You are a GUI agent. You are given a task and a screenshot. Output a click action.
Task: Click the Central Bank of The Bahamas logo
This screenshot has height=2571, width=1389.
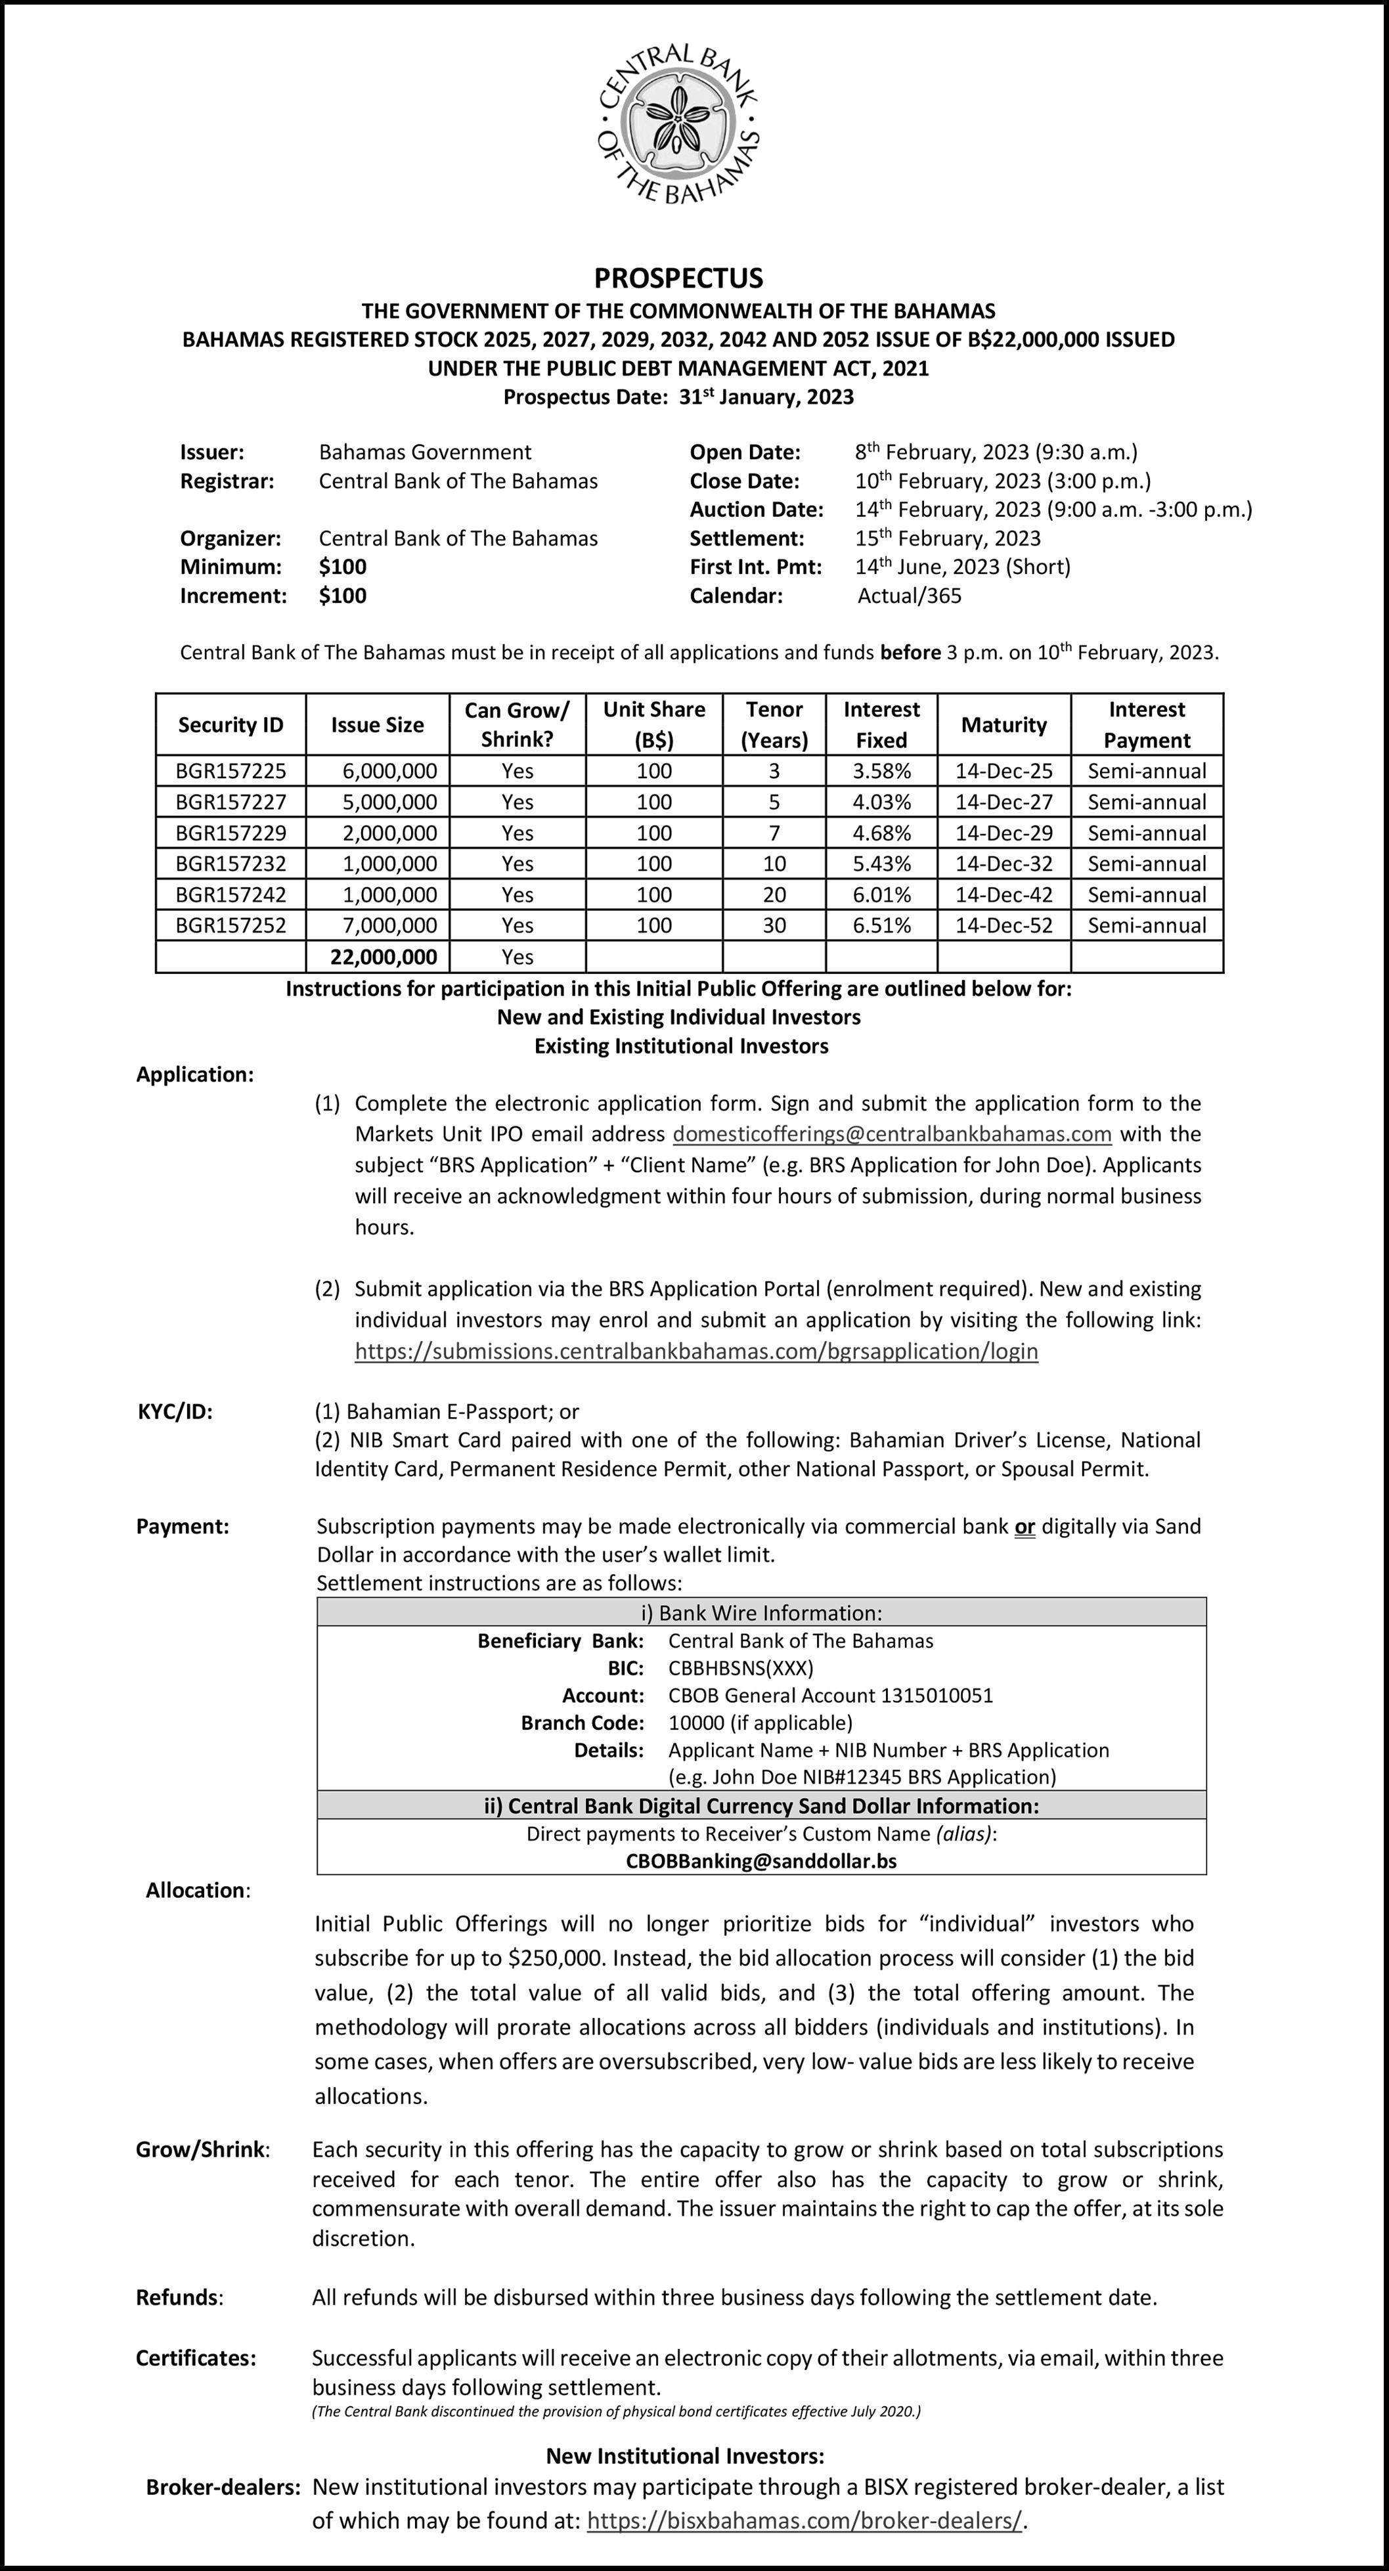(678, 123)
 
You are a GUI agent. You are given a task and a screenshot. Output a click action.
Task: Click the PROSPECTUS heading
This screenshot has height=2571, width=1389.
(678, 278)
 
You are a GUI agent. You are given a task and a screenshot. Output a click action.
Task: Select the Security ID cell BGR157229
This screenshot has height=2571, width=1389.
(231, 833)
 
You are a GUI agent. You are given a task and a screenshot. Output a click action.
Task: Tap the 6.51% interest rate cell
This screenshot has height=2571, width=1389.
(881, 925)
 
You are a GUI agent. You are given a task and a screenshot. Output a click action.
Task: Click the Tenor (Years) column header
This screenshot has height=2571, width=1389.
(774, 724)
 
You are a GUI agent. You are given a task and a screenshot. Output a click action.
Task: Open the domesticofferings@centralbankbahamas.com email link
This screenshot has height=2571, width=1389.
(892, 1133)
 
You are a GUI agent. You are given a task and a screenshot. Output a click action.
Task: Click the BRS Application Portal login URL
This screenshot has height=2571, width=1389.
(697, 1351)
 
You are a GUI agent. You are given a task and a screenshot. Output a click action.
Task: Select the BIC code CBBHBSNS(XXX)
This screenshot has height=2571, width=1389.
(740, 1668)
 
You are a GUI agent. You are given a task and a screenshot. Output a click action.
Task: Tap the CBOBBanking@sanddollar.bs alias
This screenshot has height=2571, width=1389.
(761, 1861)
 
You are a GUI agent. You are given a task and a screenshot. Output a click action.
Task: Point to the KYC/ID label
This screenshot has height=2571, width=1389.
(175, 1411)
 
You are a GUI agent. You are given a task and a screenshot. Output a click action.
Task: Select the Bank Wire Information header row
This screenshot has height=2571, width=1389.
(761, 1613)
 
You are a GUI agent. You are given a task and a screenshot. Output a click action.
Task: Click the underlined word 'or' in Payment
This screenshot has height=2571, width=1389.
(1024, 1526)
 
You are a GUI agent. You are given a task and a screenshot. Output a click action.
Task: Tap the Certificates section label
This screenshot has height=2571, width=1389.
(196, 2358)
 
